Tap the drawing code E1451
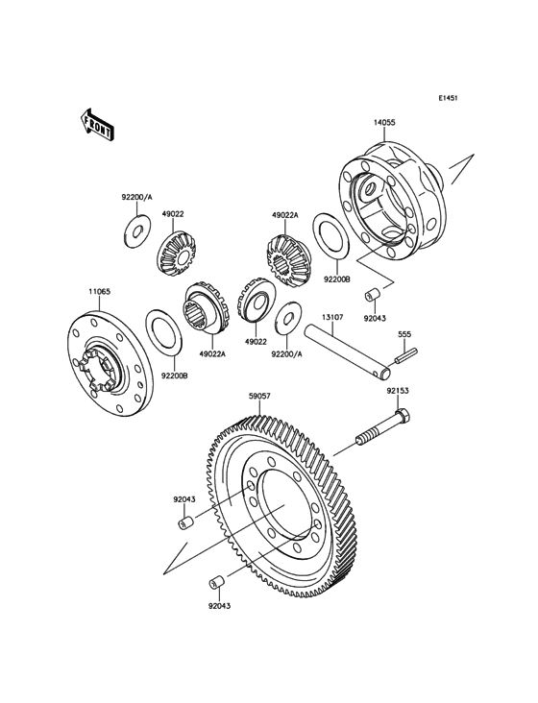[x=449, y=98]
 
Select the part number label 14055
[x=385, y=123]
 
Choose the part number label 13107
[x=332, y=316]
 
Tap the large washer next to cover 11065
[x=164, y=336]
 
